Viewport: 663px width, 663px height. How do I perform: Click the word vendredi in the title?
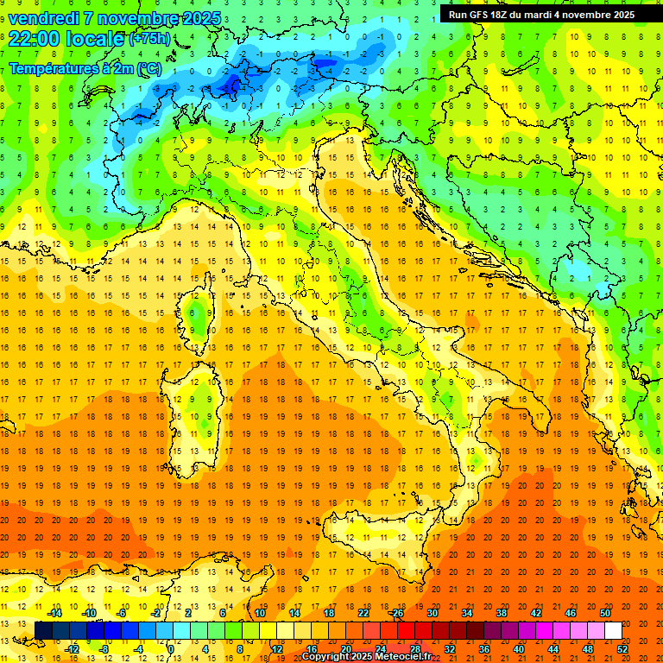click(x=45, y=18)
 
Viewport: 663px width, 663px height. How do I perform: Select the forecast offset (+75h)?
click(x=148, y=39)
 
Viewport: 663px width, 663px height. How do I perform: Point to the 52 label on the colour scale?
click(x=622, y=649)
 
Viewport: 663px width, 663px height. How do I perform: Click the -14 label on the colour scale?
click(x=54, y=613)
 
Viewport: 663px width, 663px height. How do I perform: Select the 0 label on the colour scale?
click(x=171, y=649)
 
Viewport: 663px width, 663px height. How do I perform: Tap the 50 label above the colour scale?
click(x=605, y=613)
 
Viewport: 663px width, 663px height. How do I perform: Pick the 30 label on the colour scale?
click(x=433, y=613)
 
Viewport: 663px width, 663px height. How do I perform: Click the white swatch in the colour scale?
click(x=613, y=631)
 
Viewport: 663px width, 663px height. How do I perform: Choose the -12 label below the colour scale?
click(x=72, y=649)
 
